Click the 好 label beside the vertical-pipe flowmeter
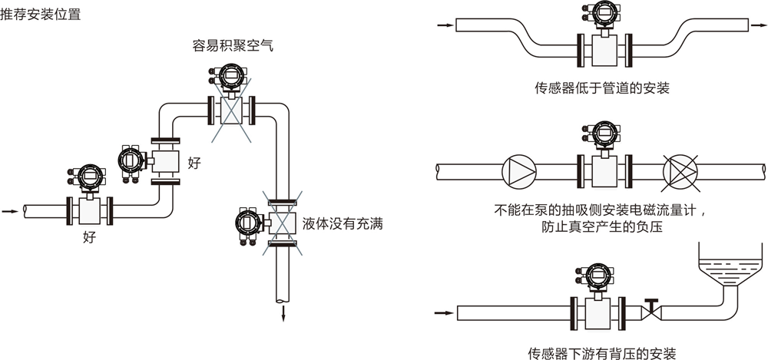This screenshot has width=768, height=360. pyautogui.click(x=194, y=163)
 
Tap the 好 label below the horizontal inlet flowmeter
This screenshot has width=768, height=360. pyautogui.click(x=90, y=237)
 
